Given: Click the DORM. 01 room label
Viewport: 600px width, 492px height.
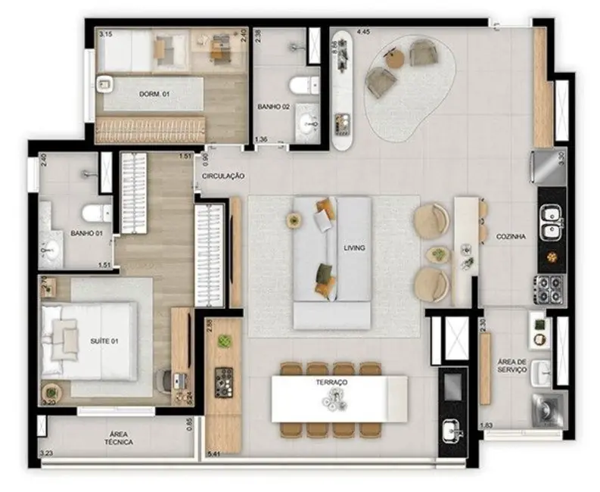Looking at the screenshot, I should (153, 94).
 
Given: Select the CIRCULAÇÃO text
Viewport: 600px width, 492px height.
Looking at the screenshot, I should (222, 176).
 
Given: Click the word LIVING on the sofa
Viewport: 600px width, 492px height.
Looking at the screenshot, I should (354, 248).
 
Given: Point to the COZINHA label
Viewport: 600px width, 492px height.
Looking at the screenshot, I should (511, 236).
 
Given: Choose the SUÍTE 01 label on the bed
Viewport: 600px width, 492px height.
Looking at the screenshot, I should (104, 341).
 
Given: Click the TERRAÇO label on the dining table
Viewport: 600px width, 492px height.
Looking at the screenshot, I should (333, 384).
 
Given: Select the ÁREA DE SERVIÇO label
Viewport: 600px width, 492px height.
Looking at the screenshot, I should (512, 366).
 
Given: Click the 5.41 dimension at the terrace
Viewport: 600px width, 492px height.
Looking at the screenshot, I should (214, 453).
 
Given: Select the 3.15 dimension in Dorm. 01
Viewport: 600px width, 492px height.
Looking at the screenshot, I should (106, 34).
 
